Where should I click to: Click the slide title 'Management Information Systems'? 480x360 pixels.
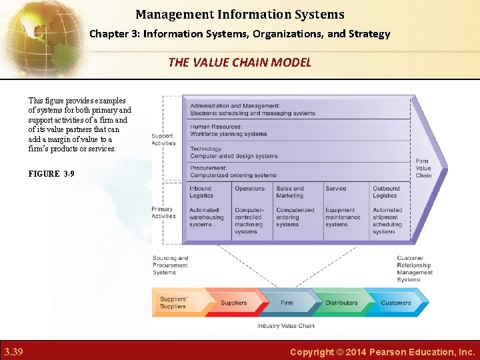pyautogui.click(x=240, y=14)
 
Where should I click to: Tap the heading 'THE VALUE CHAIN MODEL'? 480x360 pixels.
pyautogui.click(x=240, y=62)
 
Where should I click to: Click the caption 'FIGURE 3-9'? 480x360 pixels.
pyautogui.click(x=51, y=173)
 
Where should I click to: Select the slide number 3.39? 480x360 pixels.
pyautogui.click(x=13, y=351)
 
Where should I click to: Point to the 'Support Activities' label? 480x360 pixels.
pyautogui.click(x=163, y=139)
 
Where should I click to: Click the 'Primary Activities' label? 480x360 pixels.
pyautogui.click(x=163, y=213)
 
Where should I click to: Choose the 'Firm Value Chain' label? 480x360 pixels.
pyautogui.click(x=423, y=168)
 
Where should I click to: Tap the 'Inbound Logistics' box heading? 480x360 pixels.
pyautogui.click(x=201, y=192)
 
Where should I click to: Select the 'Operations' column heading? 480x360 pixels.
pyautogui.click(x=249, y=189)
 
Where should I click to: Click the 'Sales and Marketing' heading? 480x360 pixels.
pyautogui.click(x=289, y=192)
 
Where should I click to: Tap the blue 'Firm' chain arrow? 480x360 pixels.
pyautogui.click(x=287, y=303)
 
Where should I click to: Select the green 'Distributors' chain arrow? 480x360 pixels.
pyautogui.click(x=341, y=303)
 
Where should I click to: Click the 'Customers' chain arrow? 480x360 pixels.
pyautogui.click(x=395, y=303)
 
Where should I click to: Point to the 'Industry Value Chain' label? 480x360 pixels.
pyautogui.click(x=286, y=326)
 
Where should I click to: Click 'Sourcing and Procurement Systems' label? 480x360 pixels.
pyautogui.click(x=170, y=265)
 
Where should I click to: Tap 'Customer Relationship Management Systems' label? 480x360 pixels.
pyautogui.click(x=414, y=269)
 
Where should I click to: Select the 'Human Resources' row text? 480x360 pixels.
pyautogui.click(x=228, y=130)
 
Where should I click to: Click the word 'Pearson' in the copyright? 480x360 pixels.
pyautogui.click(x=377, y=351)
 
